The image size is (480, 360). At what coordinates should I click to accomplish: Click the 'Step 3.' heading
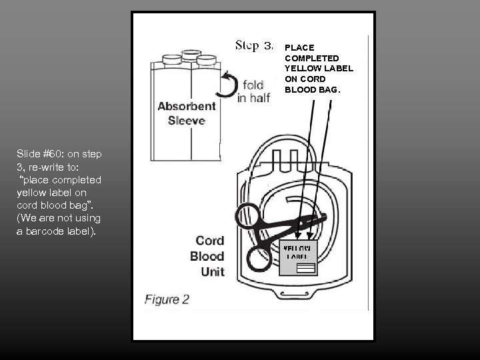(x=254, y=46)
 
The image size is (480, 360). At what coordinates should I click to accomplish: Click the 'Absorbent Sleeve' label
(x=187, y=113)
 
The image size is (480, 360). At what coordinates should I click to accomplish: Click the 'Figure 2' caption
(x=167, y=299)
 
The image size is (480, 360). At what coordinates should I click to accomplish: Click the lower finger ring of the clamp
(x=259, y=257)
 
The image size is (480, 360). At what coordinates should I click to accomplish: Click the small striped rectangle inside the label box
(x=306, y=267)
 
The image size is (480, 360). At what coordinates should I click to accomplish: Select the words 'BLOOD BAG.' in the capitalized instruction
(x=312, y=88)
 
